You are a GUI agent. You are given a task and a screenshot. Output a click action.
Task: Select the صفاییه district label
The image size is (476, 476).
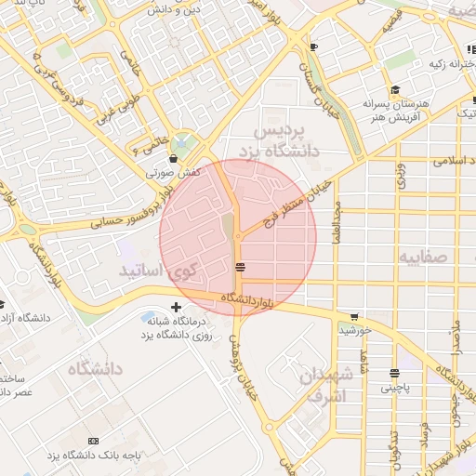[423, 256]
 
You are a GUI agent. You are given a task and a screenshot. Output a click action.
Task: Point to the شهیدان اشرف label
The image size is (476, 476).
[324, 384]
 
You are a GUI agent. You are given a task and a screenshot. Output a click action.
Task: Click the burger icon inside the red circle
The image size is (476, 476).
[241, 268]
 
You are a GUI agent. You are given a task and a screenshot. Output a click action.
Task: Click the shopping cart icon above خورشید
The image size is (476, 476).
[353, 316]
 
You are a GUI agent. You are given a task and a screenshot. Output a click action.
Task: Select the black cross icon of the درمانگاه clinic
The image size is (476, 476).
[177, 307]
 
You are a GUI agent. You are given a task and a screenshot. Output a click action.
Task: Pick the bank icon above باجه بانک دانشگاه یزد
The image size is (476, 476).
[92, 440]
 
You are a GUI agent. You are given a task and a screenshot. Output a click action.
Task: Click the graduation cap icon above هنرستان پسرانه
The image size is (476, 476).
[395, 90]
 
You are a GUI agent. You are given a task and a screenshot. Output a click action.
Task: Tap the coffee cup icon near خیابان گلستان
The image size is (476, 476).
[313, 47]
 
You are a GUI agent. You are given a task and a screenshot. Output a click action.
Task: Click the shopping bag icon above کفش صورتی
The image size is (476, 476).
[174, 160]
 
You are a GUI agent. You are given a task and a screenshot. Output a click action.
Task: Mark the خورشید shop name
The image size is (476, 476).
[355, 330]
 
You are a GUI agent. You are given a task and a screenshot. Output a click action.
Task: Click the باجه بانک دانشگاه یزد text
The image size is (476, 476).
[93, 455]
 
